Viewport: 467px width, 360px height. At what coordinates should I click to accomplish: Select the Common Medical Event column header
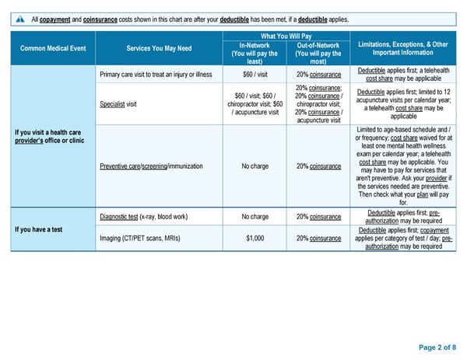[53, 49]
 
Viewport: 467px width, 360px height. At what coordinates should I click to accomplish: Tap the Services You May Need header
[158, 49]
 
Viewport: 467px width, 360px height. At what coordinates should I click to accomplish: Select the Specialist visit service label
[118, 103]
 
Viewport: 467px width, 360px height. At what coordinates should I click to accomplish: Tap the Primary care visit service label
[156, 75]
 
